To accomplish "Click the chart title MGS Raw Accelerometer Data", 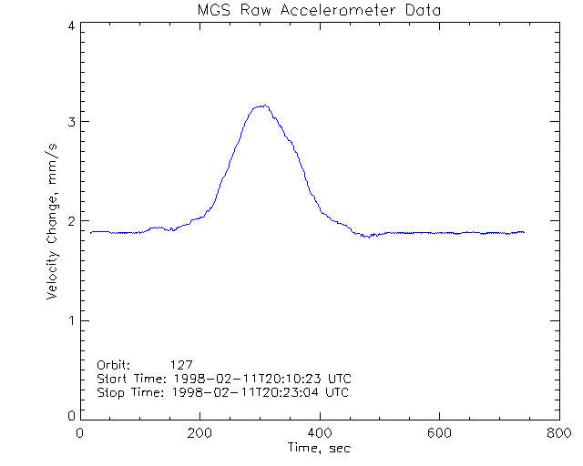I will click(317, 11).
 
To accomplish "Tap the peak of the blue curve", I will click(264, 106).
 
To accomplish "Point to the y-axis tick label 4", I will click(70, 25).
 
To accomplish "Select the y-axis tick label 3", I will click(70, 122).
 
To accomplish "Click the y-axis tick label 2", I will click(70, 221).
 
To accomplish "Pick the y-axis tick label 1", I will click(70, 320).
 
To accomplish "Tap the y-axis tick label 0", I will click(70, 416).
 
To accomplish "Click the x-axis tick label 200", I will click(199, 434).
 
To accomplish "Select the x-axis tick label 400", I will click(319, 434).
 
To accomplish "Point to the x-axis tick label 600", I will click(439, 434).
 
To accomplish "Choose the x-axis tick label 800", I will click(558, 434).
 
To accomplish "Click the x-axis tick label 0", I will click(80, 434).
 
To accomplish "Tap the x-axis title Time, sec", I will click(319, 449).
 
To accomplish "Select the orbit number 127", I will click(193, 362).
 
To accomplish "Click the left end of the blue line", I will click(91, 232).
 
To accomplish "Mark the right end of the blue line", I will click(525, 232).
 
